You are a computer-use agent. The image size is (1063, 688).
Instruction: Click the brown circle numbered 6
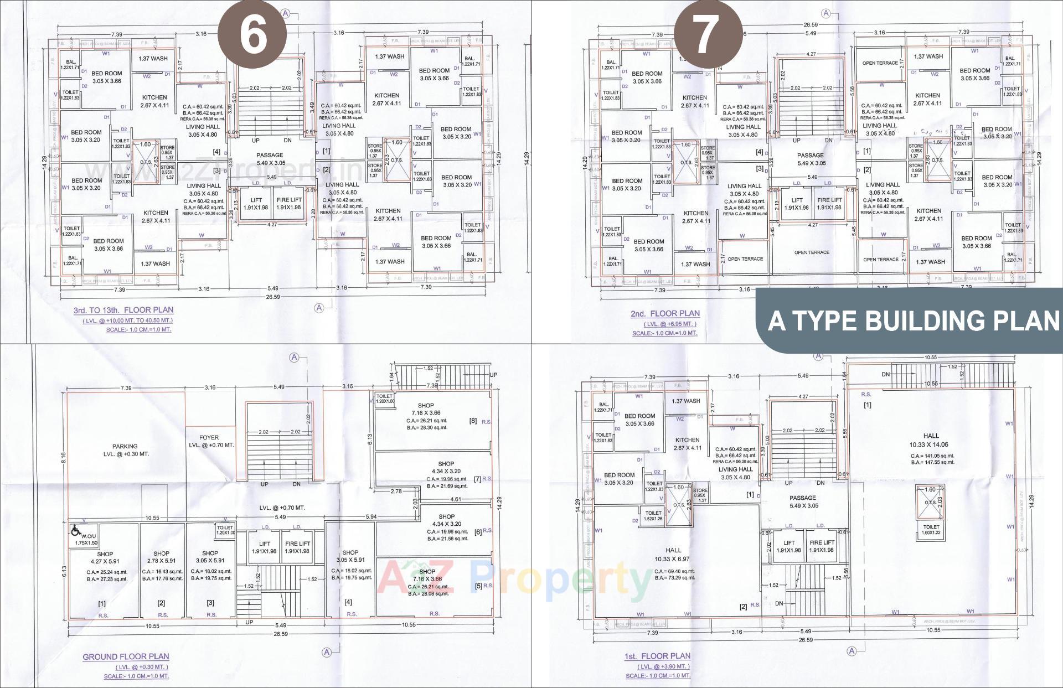coord(252,34)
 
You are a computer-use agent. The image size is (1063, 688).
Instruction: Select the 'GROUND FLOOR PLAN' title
coord(126,656)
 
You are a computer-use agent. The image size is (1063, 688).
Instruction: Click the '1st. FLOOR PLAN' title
coord(657,656)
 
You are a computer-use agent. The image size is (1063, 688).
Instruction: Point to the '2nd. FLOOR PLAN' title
coord(665,313)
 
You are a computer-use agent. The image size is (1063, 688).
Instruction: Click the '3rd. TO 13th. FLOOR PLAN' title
coord(123,310)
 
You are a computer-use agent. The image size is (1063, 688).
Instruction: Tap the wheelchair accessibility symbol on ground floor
coord(75,531)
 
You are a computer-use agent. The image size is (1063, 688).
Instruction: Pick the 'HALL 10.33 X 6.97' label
coord(673,554)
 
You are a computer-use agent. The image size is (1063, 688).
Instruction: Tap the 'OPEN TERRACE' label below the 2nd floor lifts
coord(812,252)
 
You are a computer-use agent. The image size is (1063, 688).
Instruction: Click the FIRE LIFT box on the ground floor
coord(297,547)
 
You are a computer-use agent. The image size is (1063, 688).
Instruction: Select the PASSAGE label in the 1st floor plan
coord(802,501)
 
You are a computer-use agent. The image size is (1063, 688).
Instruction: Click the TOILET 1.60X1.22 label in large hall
coord(931,530)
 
